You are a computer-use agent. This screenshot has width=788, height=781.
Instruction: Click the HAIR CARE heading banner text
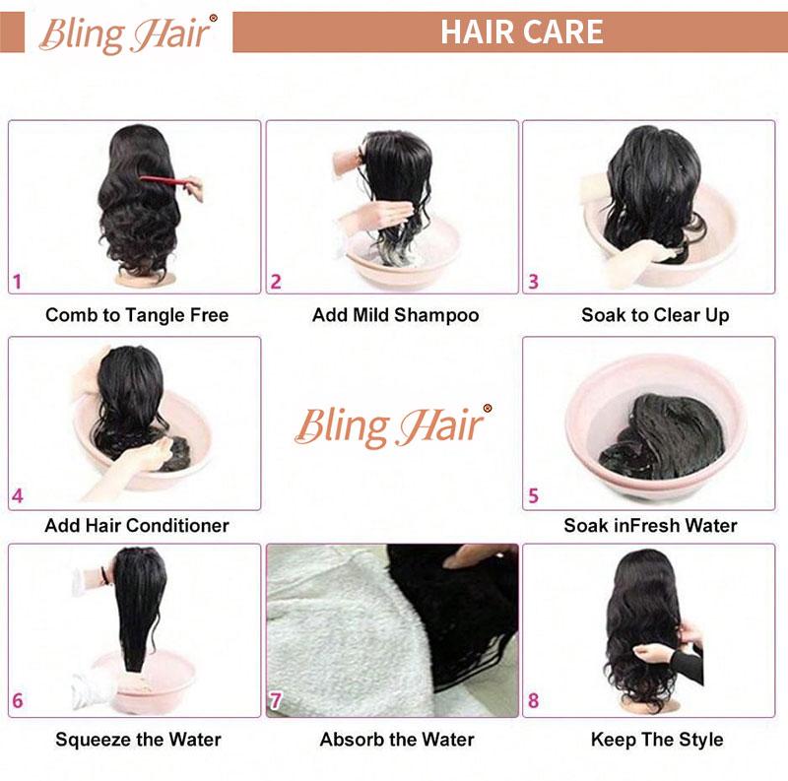(521, 32)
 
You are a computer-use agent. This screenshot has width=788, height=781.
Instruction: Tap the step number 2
(276, 282)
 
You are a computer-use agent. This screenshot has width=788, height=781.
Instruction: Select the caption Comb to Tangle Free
(137, 315)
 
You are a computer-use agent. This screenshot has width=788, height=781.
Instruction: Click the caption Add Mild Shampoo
(395, 315)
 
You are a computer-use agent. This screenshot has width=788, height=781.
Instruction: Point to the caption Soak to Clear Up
(655, 315)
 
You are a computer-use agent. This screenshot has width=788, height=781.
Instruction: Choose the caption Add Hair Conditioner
(137, 525)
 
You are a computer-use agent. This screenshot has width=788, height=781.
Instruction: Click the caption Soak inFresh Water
(650, 525)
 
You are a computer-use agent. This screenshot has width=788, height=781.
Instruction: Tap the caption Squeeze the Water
(138, 739)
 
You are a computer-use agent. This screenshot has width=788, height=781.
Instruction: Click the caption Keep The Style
(657, 739)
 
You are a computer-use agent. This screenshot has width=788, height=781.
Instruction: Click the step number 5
(533, 496)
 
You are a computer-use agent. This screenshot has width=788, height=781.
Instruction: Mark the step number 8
(533, 702)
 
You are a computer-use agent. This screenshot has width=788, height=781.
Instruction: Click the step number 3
(533, 282)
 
